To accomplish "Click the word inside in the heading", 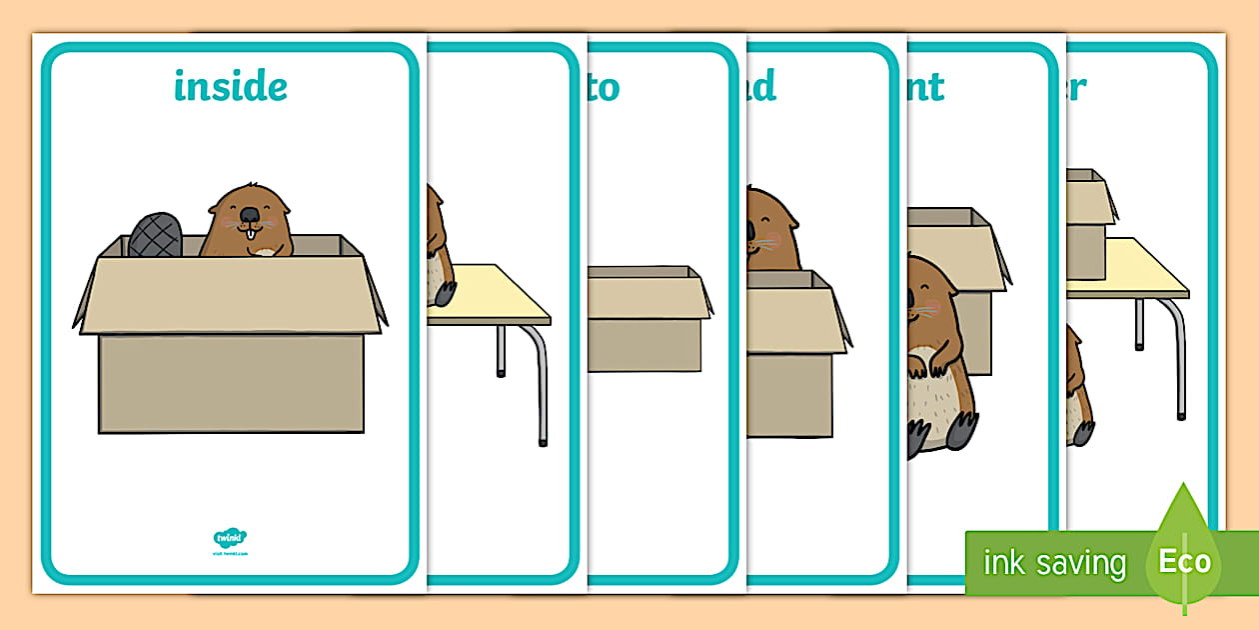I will [x=230, y=87].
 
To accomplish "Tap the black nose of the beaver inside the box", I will [x=247, y=214].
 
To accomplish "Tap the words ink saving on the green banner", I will [x=1054, y=563].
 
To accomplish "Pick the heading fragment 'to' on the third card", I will [x=604, y=87].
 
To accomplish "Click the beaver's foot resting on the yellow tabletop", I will [x=442, y=293].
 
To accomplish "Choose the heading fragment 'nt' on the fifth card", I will [x=924, y=87].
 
